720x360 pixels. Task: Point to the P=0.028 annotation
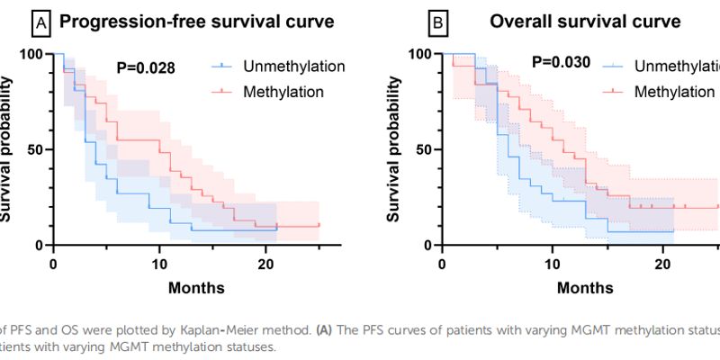[145, 67]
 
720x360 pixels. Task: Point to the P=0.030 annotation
[561, 63]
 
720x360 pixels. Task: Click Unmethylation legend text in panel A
[293, 67]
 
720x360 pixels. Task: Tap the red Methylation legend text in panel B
[676, 91]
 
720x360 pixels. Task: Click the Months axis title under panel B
[585, 289]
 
